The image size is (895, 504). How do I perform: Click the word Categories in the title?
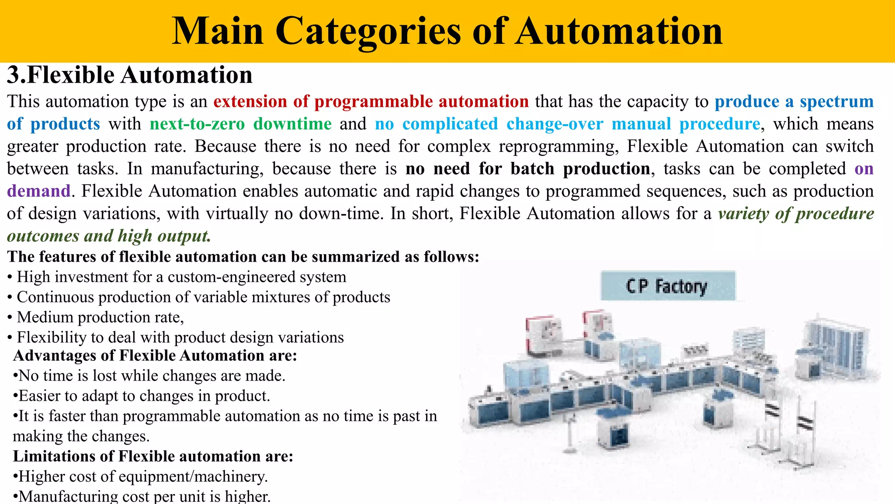pos(368,31)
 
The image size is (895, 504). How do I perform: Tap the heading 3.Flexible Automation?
pos(130,75)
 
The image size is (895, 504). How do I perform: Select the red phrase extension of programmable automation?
pos(371,101)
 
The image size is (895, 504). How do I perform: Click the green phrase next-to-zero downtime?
pos(240,124)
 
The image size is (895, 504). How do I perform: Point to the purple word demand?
pos(38,191)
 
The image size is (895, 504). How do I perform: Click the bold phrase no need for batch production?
pos(527,169)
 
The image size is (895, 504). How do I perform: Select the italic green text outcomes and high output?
pos(109,236)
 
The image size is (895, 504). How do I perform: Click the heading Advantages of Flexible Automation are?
pos(155,356)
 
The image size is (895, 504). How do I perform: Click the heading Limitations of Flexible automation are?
pos(153,456)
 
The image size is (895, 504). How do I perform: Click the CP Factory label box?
pos(668,286)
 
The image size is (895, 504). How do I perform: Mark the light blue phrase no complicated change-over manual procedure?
pos(567,124)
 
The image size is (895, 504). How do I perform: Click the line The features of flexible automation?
pos(243,257)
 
